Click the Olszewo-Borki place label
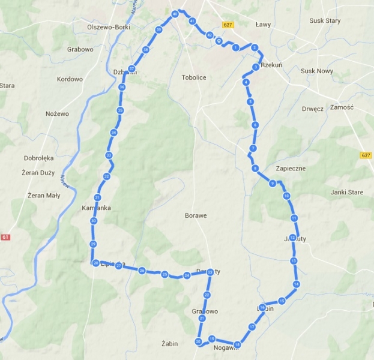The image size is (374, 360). click(108, 27)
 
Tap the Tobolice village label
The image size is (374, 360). click(194, 77)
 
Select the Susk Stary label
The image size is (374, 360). click(325, 20)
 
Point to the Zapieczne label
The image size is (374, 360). click(291, 169)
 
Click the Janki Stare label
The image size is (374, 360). click(347, 193)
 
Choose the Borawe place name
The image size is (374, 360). click(196, 215)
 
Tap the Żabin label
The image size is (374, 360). click(170, 344)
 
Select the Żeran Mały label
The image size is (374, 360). click(44, 195)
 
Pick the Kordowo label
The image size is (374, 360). click(70, 79)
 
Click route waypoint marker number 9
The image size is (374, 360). click(273, 184)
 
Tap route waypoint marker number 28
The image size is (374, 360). click(95, 263)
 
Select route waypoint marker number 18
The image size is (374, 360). click(238, 345)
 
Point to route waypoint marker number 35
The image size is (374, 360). click(120, 110)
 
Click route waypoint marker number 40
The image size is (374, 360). click(175, 14)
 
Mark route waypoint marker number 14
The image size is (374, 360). click(296, 284)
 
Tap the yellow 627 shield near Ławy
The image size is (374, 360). click(227, 25)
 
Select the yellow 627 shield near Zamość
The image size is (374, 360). click(366, 155)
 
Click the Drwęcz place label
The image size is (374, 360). click(313, 109)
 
